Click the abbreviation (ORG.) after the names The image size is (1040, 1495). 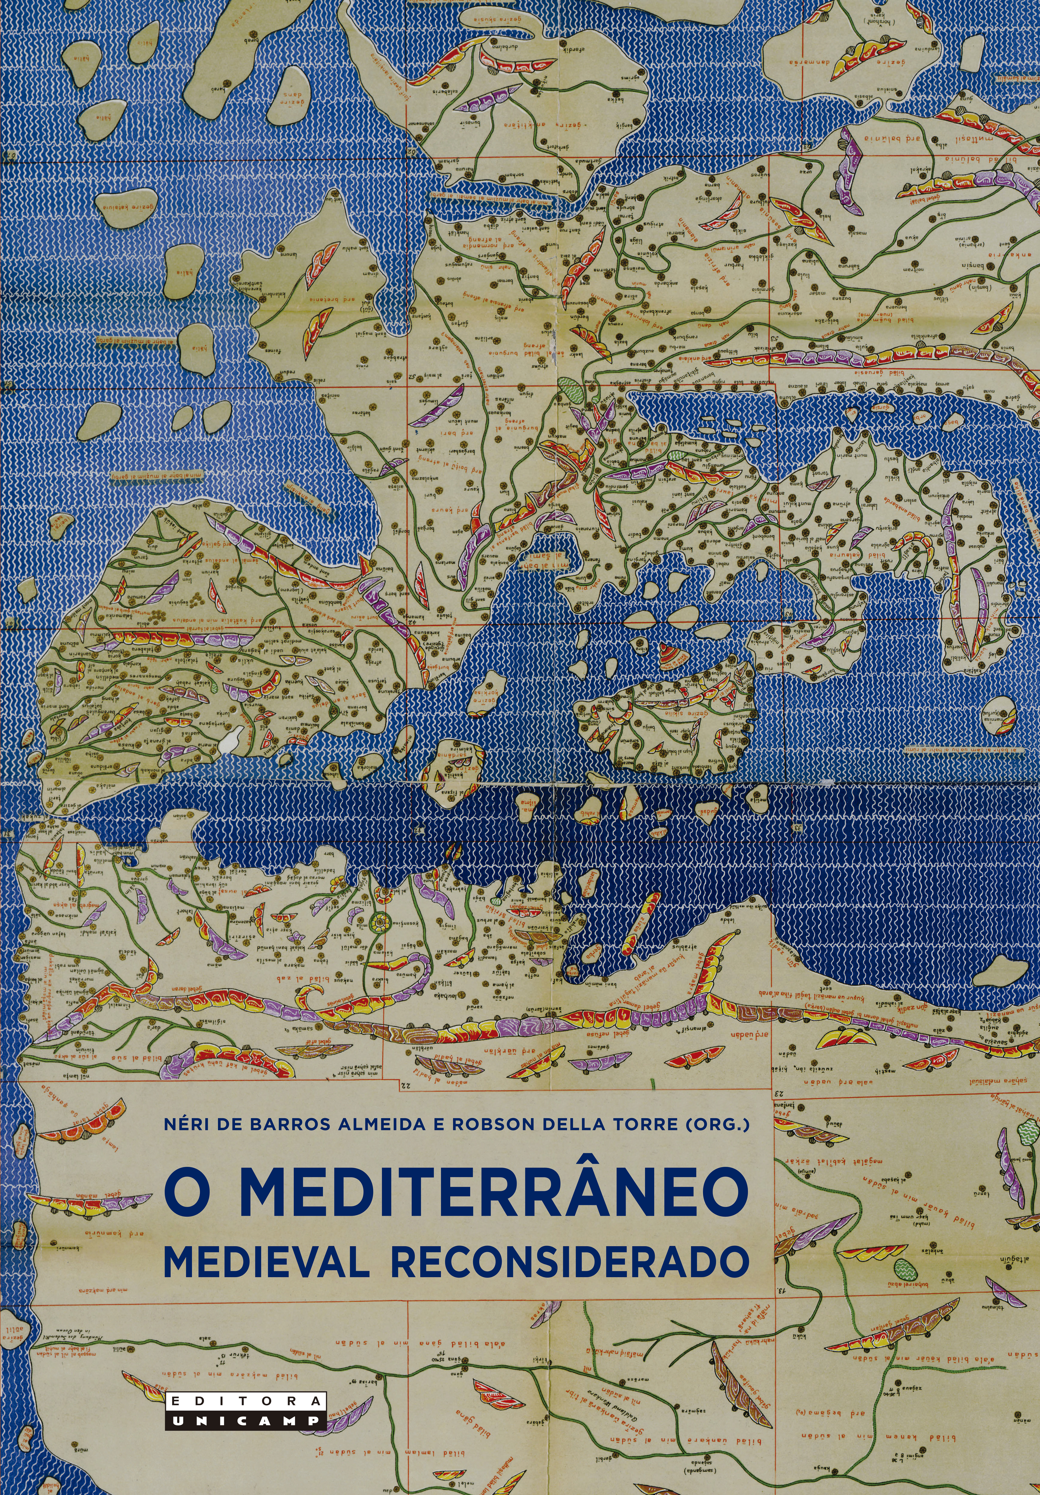pos(715,1124)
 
